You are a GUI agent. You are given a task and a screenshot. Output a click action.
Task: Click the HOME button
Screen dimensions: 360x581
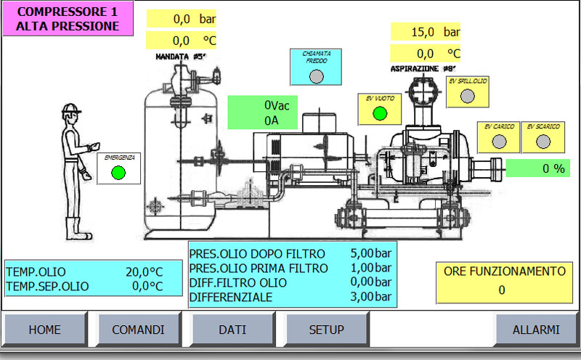(x=45, y=330)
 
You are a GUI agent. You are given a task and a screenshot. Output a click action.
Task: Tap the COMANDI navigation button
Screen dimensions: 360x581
(x=138, y=330)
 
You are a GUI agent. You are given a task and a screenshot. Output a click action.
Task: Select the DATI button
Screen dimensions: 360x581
(x=232, y=330)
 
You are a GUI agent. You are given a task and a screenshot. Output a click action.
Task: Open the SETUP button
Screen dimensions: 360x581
(x=327, y=330)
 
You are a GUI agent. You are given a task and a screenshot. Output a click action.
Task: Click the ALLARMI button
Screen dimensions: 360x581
(x=536, y=330)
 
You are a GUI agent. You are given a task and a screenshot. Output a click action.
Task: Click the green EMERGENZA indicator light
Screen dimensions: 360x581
(x=118, y=173)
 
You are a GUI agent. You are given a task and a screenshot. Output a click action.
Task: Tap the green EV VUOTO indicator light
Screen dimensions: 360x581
(x=379, y=113)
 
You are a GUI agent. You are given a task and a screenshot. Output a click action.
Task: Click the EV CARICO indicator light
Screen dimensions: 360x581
(x=499, y=142)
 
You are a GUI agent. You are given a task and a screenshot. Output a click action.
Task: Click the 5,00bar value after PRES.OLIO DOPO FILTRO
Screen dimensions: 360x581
(x=371, y=254)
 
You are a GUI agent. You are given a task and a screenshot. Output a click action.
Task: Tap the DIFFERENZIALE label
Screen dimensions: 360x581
(x=231, y=297)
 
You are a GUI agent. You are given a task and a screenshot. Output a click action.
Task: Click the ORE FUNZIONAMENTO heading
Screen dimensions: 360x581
(x=504, y=271)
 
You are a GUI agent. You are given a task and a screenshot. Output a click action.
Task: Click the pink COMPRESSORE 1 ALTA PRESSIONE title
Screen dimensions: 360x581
(x=68, y=19)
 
